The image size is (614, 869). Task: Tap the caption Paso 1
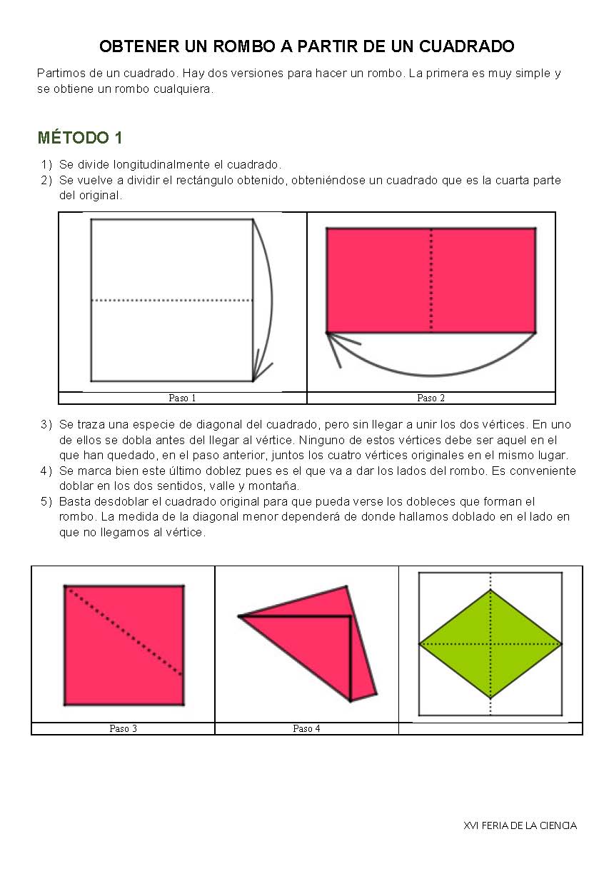click(x=182, y=398)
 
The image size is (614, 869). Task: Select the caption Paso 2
click(x=431, y=398)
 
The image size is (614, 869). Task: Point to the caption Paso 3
click(x=123, y=728)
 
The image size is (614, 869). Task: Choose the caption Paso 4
click(x=306, y=728)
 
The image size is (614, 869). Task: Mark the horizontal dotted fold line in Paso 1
click(x=171, y=301)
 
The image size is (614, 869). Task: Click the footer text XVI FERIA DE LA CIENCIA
click(x=520, y=825)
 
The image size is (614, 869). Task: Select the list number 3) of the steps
click(x=46, y=424)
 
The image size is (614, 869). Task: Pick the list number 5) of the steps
click(x=46, y=501)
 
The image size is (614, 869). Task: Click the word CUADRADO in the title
click(x=466, y=47)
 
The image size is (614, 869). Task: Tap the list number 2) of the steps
click(x=46, y=180)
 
